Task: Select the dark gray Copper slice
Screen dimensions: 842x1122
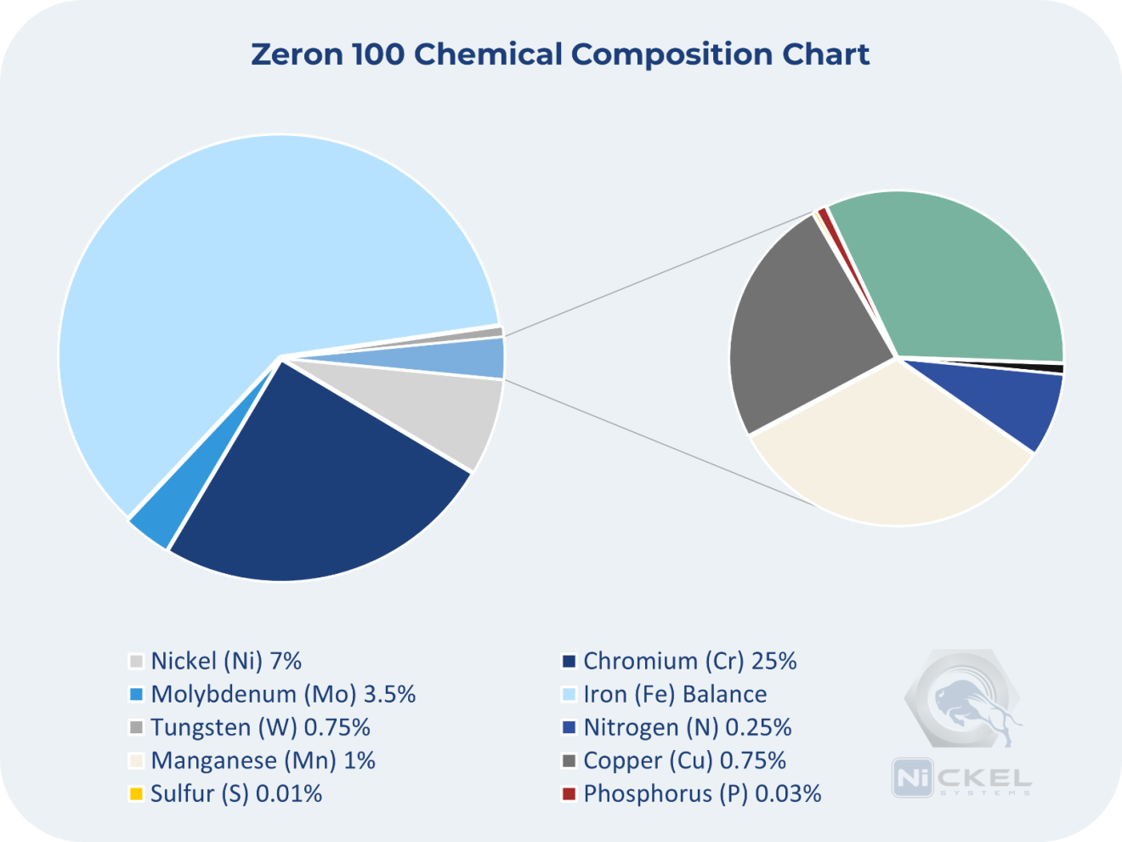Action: click(x=799, y=332)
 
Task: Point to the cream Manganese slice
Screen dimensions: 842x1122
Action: click(x=892, y=451)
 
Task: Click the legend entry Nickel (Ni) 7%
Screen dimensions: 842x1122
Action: click(x=225, y=661)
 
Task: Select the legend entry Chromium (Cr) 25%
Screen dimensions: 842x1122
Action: click(x=689, y=661)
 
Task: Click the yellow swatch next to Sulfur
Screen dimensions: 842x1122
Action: click(x=136, y=794)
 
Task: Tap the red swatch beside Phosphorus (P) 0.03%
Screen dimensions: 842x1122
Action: click(x=569, y=794)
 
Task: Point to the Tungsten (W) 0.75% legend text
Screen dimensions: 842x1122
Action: click(x=260, y=727)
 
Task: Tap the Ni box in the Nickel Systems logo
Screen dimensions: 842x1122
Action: click(x=912, y=777)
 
